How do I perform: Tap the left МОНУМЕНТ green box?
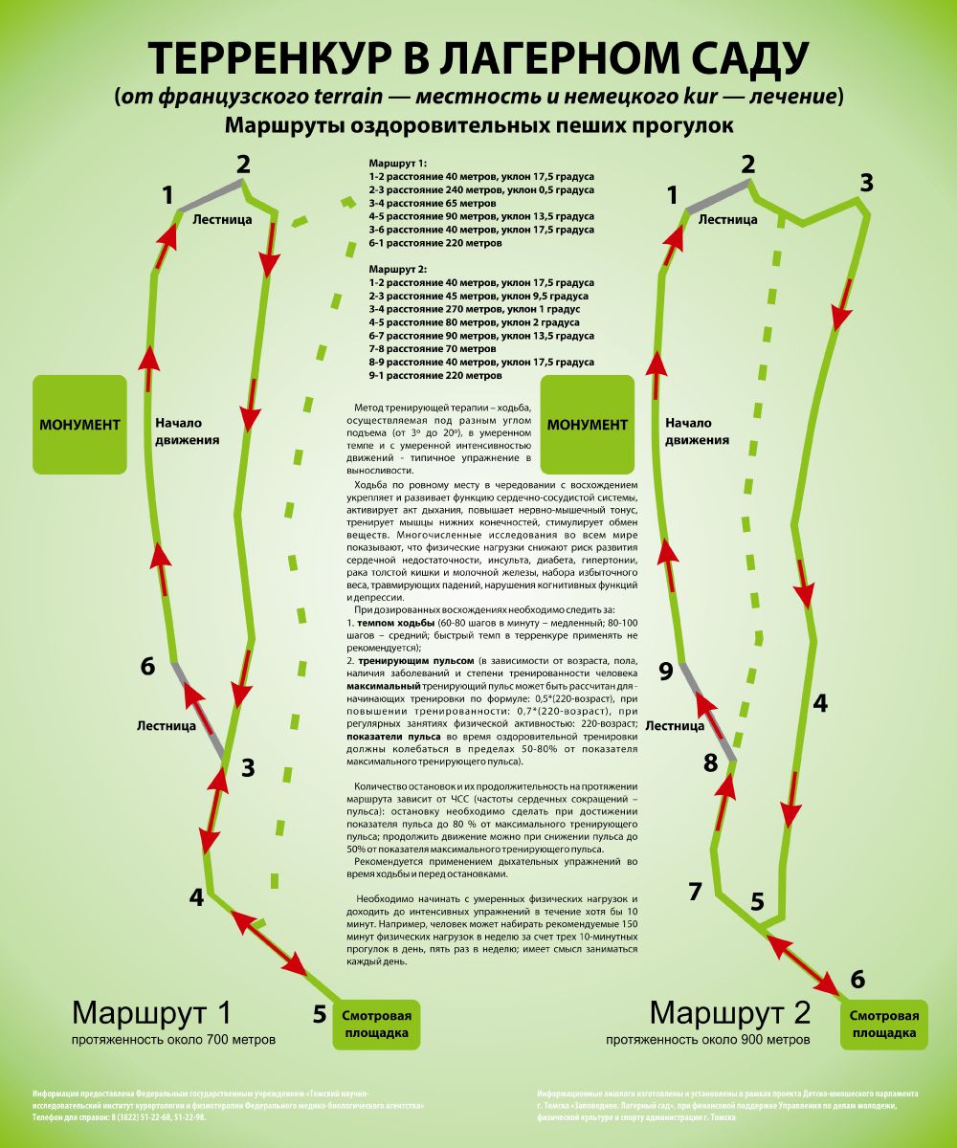79,424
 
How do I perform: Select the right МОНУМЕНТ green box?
587,424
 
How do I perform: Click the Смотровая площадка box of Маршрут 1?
377,1024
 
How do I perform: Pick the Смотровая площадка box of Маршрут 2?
885,1024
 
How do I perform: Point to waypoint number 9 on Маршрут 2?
666,672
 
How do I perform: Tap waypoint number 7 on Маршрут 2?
696,892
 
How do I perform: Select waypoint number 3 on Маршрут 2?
866,183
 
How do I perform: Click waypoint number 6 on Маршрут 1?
147,666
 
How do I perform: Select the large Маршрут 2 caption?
729,1012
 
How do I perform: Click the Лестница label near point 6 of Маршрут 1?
167,725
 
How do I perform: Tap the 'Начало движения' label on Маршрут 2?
698,431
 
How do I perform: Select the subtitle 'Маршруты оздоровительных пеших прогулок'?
478,125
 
